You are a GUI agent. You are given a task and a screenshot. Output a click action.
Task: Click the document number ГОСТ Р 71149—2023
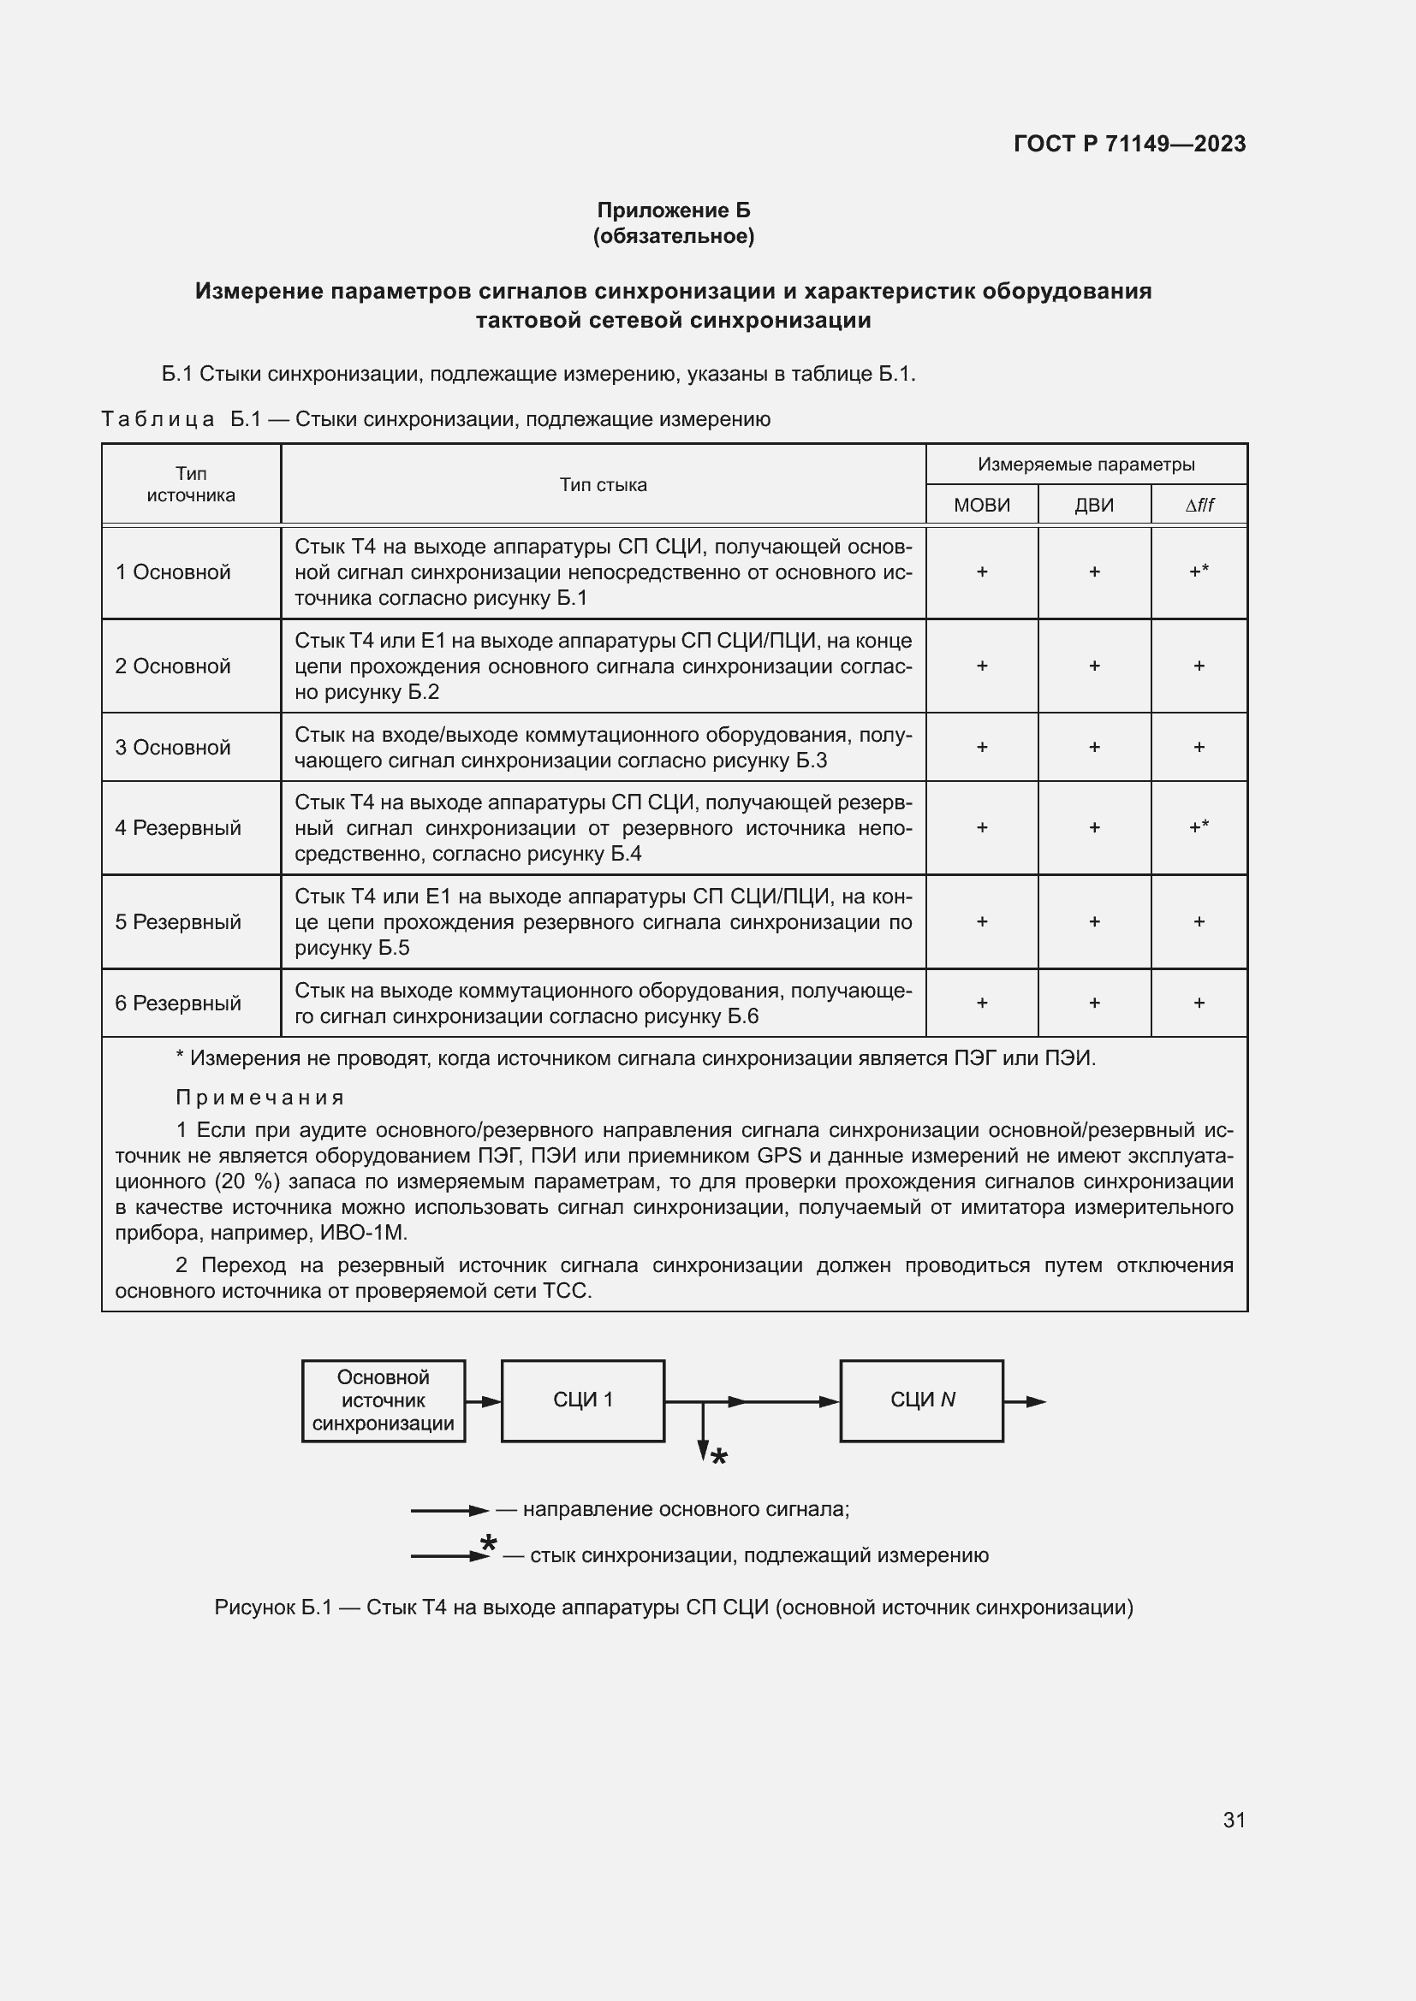pos(1129,144)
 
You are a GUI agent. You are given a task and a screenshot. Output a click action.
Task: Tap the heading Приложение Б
pos(673,210)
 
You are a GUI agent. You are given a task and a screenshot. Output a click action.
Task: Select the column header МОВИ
pos(981,506)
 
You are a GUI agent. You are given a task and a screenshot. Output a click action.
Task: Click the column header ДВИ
pos(1093,506)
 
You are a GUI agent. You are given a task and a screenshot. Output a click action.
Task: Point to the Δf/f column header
pos(1199,506)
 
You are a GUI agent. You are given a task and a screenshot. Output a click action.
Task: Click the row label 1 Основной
pos(173,572)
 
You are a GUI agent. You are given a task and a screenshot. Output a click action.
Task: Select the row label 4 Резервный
pos(178,828)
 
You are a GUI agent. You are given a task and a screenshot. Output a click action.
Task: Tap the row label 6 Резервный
pos(178,1003)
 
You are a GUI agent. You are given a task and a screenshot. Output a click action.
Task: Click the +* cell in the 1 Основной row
pos(1199,571)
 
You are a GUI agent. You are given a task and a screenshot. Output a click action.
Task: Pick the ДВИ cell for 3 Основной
pos(1093,748)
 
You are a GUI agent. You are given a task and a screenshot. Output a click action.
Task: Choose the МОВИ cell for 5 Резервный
pos(981,922)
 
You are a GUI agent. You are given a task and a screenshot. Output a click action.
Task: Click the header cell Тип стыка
pos(603,485)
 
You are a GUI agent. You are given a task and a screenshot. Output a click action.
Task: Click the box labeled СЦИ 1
pos(582,1400)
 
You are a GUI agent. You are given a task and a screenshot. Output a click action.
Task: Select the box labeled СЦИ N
pos(922,1400)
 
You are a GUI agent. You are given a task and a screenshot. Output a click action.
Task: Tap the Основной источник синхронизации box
pos(383,1400)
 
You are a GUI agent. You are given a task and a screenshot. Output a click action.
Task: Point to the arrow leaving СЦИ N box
pos(1026,1401)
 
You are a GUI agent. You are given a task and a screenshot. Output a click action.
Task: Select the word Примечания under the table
pos(260,1098)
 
